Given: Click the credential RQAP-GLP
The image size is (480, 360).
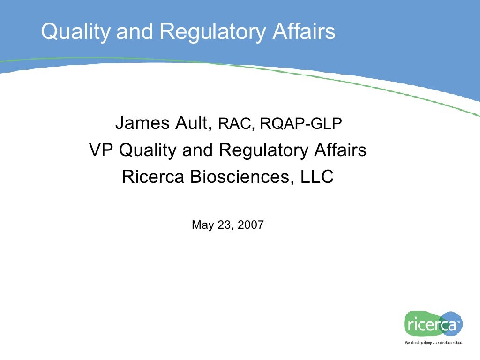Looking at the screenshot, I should pyautogui.click(x=301, y=124).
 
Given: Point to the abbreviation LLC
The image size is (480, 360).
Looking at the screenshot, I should pyautogui.click(x=316, y=177).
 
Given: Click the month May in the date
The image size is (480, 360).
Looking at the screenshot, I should pyautogui.click(x=202, y=225).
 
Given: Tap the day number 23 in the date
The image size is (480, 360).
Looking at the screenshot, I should pyautogui.click(x=225, y=225).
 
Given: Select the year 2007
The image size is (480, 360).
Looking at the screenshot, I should pyautogui.click(x=251, y=225).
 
